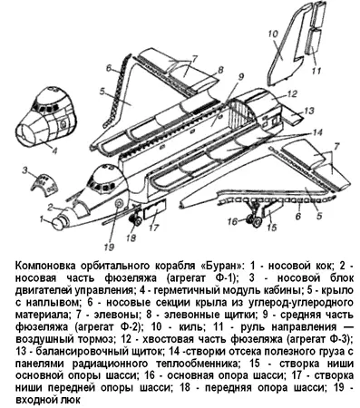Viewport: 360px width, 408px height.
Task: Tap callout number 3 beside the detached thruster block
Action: click(x=25, y=170)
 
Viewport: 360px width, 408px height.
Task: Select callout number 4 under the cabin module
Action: click(x=54, y=151)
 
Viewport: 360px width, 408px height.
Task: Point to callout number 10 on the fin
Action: click(x=272, y=34)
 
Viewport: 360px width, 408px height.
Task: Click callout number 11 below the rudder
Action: click(x=316, y=72)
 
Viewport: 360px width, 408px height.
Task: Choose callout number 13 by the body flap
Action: click(x=307, y=111)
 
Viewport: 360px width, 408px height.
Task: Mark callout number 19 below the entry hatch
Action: click(x=109, y=247)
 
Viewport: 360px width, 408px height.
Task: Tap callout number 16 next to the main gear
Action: click(x=233, y=221)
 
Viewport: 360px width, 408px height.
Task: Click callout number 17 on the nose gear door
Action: click(x=154, y=227)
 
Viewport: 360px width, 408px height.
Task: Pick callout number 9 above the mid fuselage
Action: click(x=239, y=77)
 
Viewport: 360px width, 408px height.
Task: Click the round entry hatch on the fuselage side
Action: click(x=118, y=203)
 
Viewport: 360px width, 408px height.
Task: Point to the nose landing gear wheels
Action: click(x=136, y=221)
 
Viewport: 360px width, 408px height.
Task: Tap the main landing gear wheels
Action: click(x=254, y=220)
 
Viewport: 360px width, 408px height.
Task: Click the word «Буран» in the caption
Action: click(x=221, y=266)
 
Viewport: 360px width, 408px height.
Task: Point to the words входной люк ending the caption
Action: click(x=48, y=400)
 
